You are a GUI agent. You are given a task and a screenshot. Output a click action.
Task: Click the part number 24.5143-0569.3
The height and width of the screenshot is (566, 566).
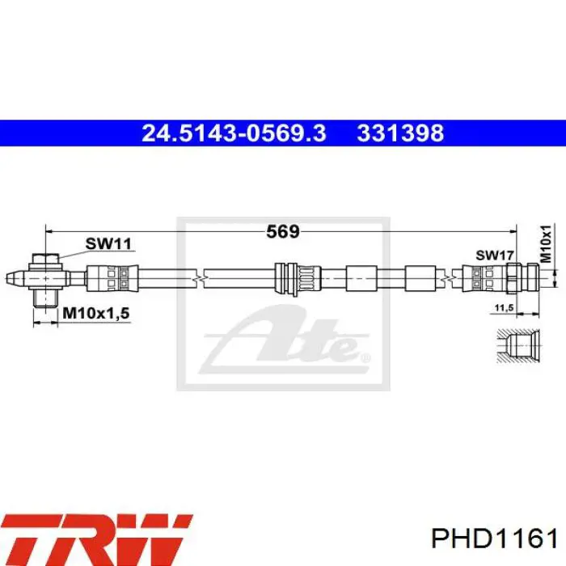tap(234, 133)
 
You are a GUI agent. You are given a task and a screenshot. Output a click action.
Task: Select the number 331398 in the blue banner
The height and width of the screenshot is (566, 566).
tap(400, 133)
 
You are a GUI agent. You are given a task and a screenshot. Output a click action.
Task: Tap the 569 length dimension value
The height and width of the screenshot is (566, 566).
tap(283, 231)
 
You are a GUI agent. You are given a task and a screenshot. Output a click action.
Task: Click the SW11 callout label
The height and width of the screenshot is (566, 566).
tap(108, 243)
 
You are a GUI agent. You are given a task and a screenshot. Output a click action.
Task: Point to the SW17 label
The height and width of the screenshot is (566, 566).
tap(495, 256)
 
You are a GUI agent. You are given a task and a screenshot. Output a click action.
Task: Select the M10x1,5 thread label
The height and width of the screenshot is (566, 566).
tap(96, 313)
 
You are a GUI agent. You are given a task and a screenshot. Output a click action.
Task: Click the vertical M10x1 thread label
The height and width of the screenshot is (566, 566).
tap(546, 243)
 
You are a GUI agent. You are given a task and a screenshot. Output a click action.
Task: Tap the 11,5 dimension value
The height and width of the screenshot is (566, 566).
tap(504, 307)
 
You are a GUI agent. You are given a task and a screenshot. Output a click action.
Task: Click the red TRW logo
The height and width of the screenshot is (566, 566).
tap(96, 539)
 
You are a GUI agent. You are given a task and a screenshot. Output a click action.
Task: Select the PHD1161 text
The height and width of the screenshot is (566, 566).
tap(494, 539)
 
